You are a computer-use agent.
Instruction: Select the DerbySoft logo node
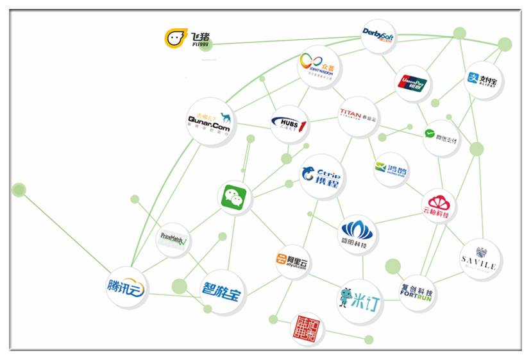(x=378, y=35)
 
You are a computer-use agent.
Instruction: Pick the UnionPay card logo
(x=412, y=83)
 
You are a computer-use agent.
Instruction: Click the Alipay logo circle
(x=482, y=80)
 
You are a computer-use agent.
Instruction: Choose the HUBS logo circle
(x=289, y=123)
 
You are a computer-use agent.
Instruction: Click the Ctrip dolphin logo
(x=322, y=175)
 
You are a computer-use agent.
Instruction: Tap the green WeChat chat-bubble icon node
(x=234, y=199)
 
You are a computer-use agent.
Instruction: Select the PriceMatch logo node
(x=173, y=240)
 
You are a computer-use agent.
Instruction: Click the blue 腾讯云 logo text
(x=126, y=287)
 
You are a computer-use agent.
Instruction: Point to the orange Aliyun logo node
(x=292, y=260)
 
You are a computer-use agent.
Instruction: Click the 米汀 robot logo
(x=360, y=300)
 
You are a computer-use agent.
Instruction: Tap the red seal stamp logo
(x=307, y=329)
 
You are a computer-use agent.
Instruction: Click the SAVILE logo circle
(x=480, y=259)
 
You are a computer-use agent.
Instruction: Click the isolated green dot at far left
(x=19, y=189)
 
